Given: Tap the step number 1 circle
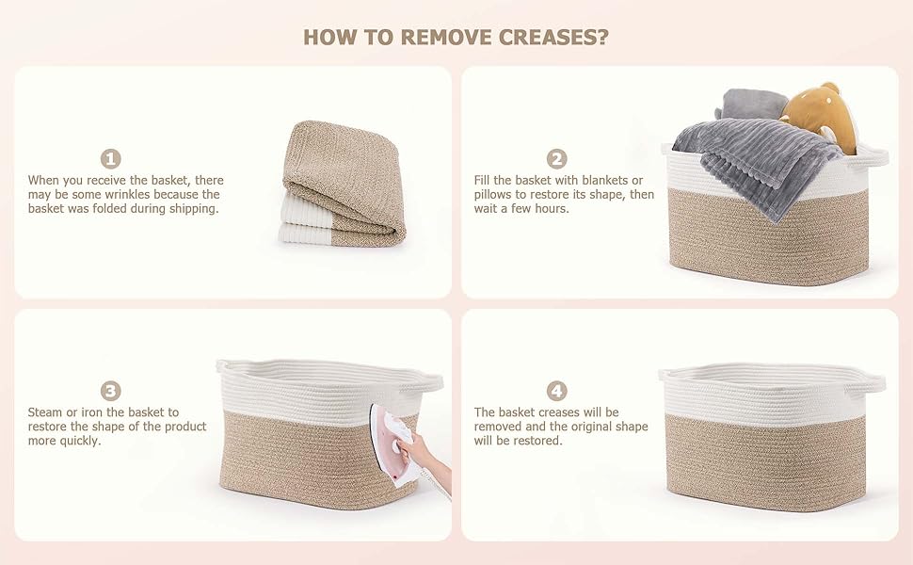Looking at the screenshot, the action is tap(111, 159).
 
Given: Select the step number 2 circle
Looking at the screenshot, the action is tap(556, 159).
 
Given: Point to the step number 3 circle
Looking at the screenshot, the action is tap(111, 391).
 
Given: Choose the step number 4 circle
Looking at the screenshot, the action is tap(556, 391).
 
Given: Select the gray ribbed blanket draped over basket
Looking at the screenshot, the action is tap(758, 161).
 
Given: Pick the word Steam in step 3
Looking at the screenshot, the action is tap(44, 412).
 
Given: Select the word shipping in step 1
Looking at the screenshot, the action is tap(193, 209).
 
